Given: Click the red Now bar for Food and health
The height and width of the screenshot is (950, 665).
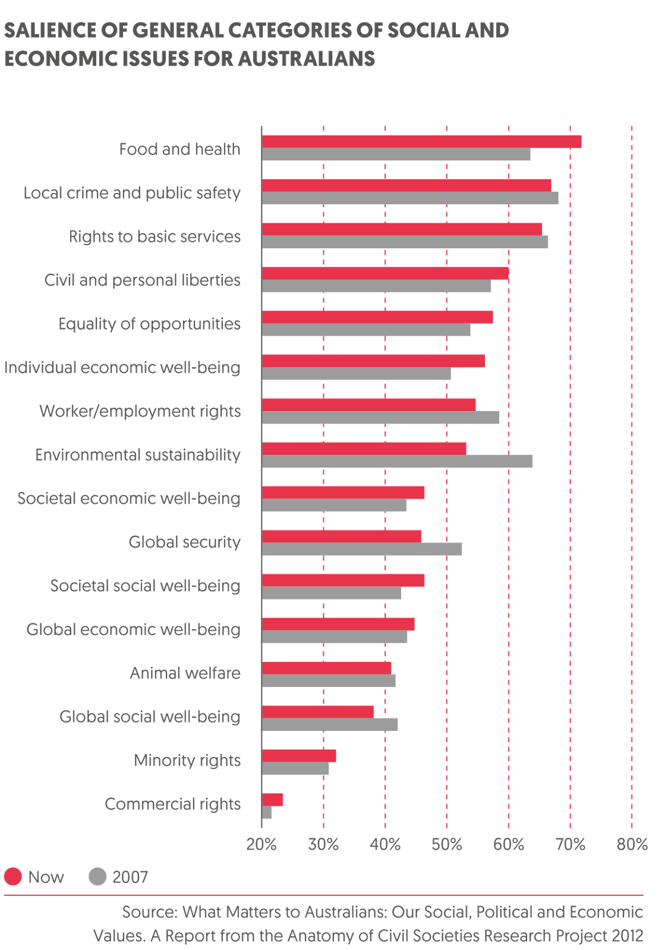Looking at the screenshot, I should pos(421,141).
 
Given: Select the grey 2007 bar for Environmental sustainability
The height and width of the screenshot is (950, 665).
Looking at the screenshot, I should pos(397,461).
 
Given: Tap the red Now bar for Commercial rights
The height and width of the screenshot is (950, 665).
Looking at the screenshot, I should pos(273,800).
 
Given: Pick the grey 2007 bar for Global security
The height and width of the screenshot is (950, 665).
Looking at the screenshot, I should pos(362,549).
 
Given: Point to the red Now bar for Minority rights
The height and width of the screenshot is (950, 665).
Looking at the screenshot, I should pos(299,756).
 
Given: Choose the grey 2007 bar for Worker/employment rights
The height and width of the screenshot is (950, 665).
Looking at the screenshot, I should pos(380,418).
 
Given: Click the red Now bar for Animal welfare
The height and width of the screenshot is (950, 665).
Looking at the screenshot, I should pos(327,668).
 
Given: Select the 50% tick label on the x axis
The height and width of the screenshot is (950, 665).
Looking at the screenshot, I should pos(446,845).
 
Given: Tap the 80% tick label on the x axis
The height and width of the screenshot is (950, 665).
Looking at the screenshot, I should pos(632,845).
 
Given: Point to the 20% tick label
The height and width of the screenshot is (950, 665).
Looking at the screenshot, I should pos(261,845).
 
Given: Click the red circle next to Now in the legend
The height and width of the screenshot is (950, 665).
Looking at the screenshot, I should pos(13,877).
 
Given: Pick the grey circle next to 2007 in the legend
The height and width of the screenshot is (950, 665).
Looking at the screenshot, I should pos(97,877).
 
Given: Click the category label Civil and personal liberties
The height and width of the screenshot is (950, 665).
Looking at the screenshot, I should pos(142,280).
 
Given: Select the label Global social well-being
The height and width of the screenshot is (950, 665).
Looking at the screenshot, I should pos(150,717).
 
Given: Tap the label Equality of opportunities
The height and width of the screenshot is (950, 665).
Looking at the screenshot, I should pos(149,324).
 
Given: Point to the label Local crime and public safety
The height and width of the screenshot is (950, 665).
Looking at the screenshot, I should pos(132,193).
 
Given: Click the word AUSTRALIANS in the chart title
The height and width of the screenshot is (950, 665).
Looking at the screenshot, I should pos(307,59).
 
